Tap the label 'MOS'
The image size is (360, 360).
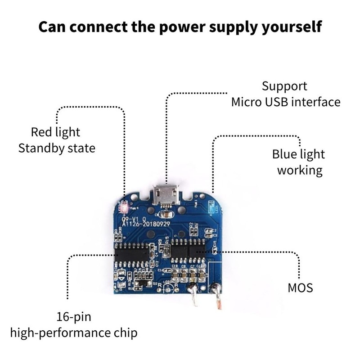300,287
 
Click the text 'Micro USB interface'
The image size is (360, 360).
286,102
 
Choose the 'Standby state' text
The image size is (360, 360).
57,148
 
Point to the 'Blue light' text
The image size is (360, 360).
298,154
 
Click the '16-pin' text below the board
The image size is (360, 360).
74,317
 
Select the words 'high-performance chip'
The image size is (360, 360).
74,333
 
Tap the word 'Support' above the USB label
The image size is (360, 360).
284,86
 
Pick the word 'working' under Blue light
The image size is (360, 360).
300,171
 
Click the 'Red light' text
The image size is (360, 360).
55,132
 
